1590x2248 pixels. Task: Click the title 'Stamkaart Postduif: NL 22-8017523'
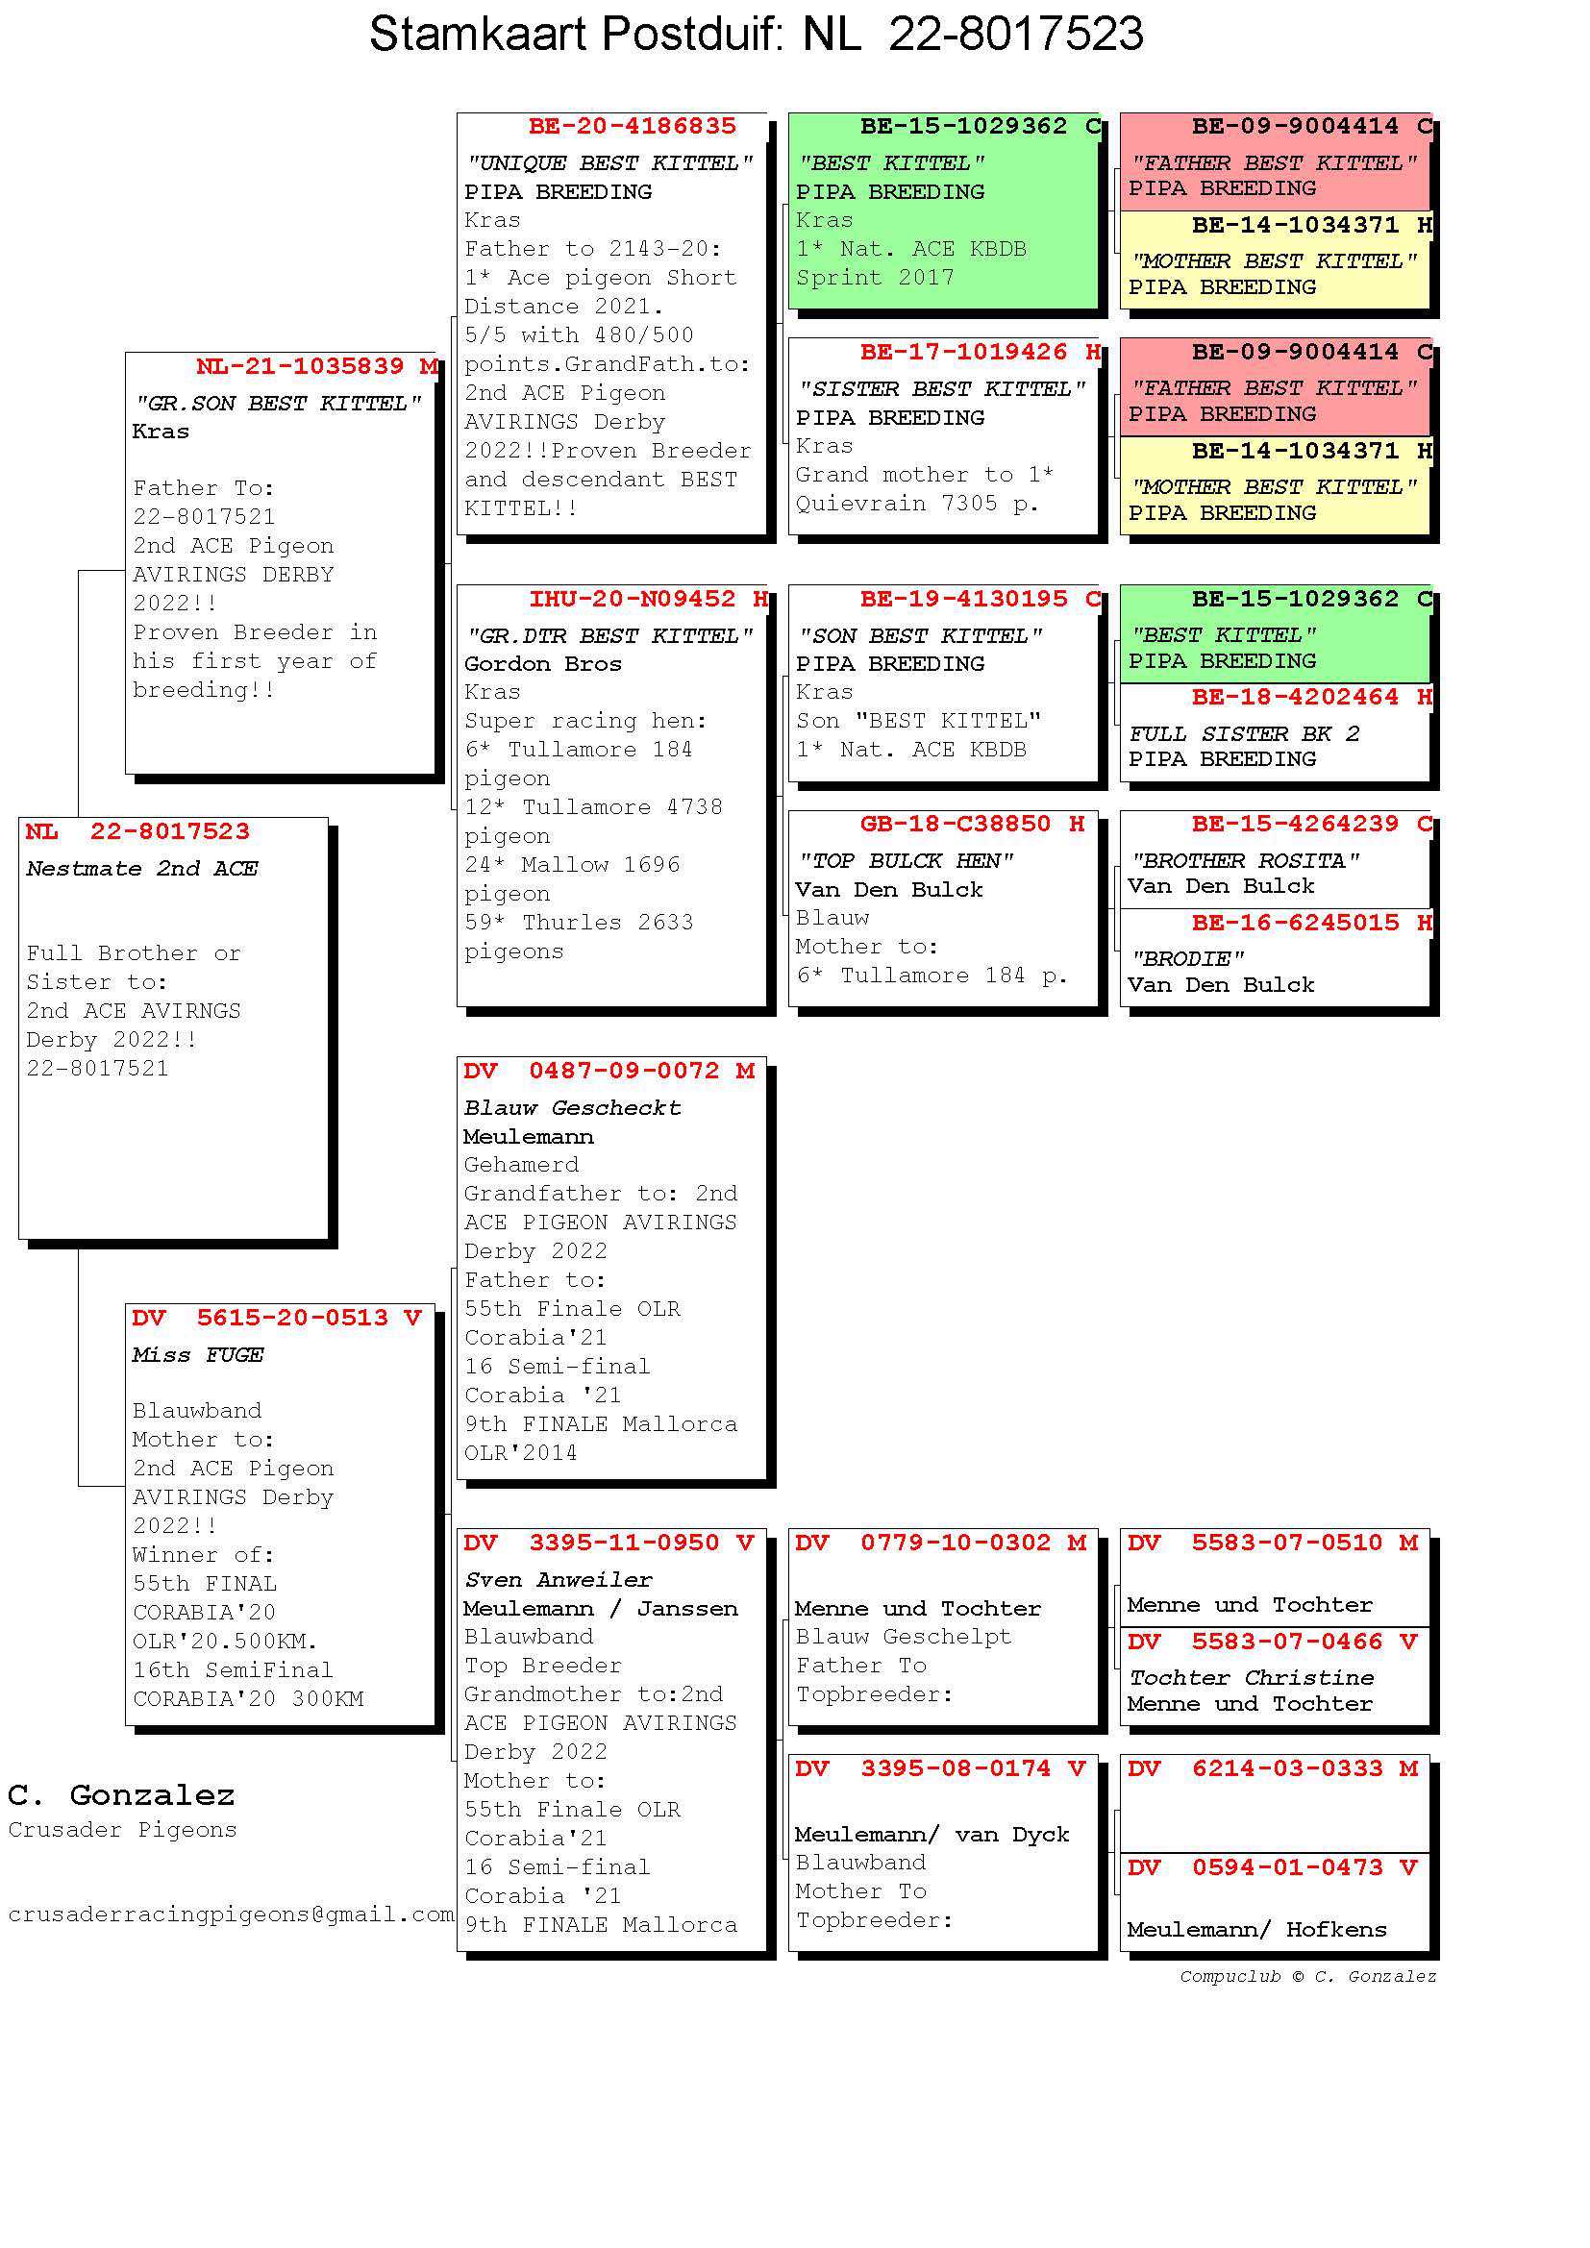pyautogui.click(x=756, y=35)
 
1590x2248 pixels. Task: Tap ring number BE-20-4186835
pyautogui.click(x=632, y=126)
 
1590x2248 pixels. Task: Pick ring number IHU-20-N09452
pyautogui.click(x=632, y=598)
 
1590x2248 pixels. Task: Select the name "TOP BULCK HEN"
pyautogui.click(x=906, y=860)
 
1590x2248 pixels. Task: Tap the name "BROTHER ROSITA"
pyautogui.click(x=1245, y=860)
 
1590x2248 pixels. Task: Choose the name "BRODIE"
pyautogui.click(x=1187, y=958)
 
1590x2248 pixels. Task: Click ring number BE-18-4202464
pyautogui.click(x=1295, y=697)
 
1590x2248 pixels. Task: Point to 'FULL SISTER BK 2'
pyautogui.click(x=1244, y=733)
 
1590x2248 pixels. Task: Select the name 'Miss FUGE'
pyautogui.click(x=198, y=1354)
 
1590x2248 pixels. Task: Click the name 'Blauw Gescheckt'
pyautogui.click(x=572, y=1107)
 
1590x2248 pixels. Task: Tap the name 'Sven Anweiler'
pyautogui.click(x=559, y=1579)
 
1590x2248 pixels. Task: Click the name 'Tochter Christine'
pyautogui.click(x=1252, y=1677)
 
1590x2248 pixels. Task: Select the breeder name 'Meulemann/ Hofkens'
pyautogui.click(x=1257, y=1930)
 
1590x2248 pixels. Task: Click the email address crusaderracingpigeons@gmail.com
pyautogui.click(x=231, y=1915)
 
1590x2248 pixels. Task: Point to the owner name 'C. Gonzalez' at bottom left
pyautogui.click(x=121, y=1794)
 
